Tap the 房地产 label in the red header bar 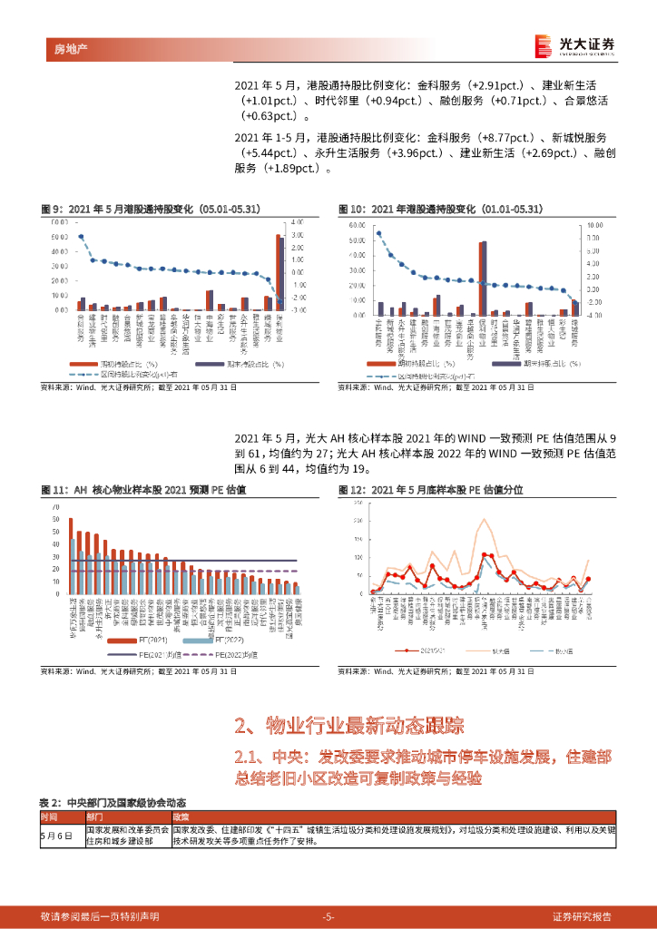tap(62, 46)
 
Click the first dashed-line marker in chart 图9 tap(81, 237)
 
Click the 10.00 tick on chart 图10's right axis tap(595, 224)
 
